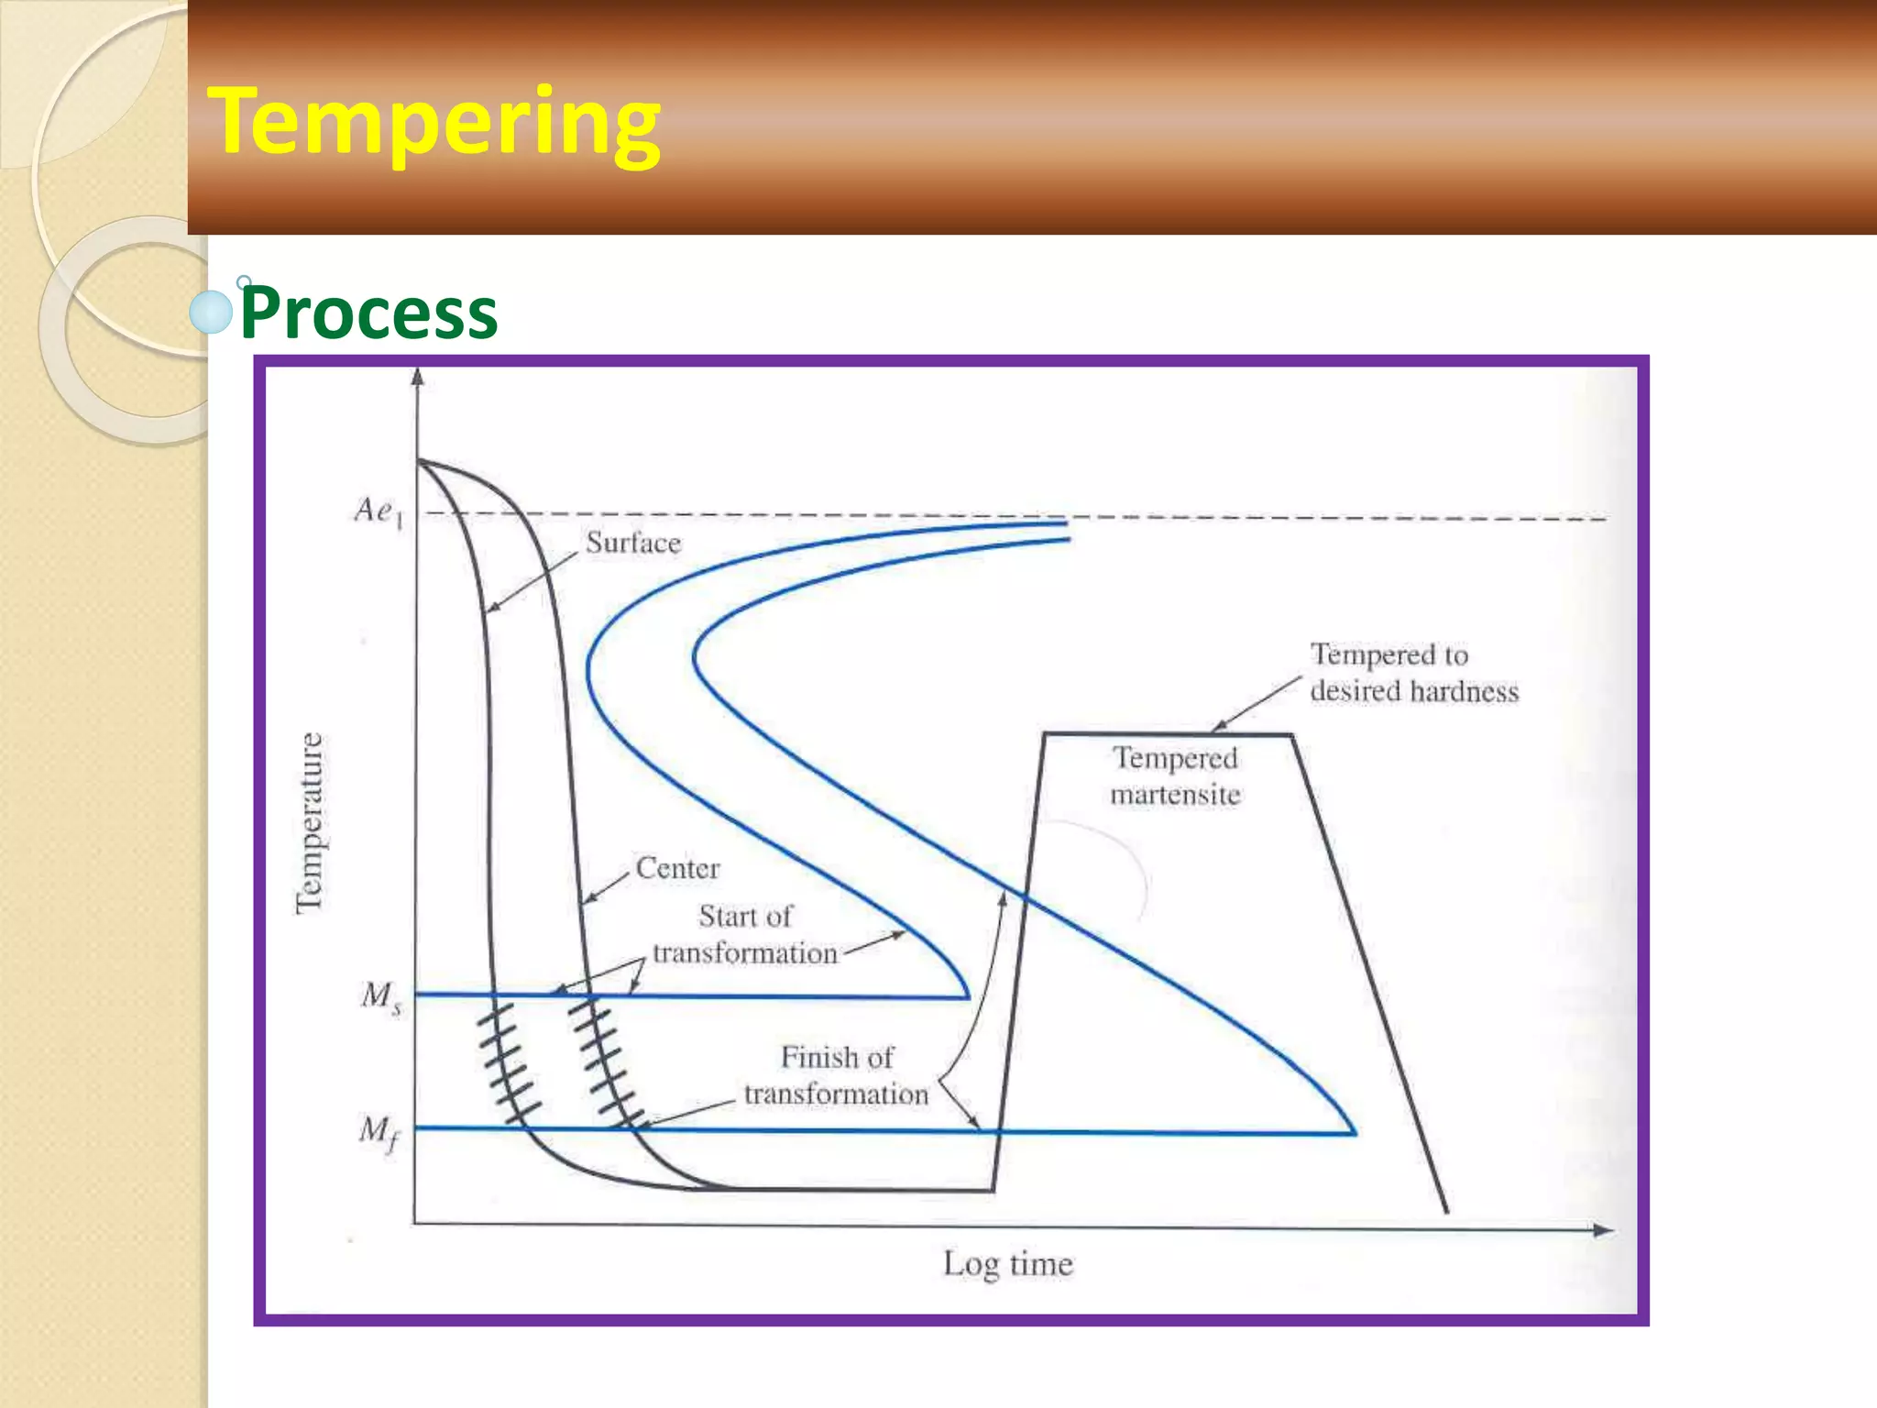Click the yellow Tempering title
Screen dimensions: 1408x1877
click(x=434, y=121)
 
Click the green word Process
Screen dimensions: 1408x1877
click(x=368, y=313)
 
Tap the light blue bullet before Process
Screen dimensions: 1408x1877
click(x=211, y=313)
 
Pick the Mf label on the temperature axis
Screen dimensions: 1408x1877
click(x=379, y=1132)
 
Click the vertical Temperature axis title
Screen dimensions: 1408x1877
click(x=310, y=822)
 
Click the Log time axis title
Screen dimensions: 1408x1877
click(x=1008, y=1264)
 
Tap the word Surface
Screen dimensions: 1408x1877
click(x=633, y=543)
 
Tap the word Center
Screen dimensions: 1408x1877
click(x=677, y=868)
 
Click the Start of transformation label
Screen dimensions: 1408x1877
click(x=745, y=934)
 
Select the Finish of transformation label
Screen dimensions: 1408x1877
click(x=836, y=1075)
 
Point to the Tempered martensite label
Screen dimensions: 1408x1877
click(x=1175, y=775)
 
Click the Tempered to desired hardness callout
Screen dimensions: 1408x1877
click(x=1413, y=672)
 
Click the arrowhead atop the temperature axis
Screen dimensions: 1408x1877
click(x=418, y=377)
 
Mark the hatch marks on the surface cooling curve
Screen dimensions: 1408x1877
click(x=509, y=1063)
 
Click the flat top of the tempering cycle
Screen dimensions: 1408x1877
click(x=1168, y=733)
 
